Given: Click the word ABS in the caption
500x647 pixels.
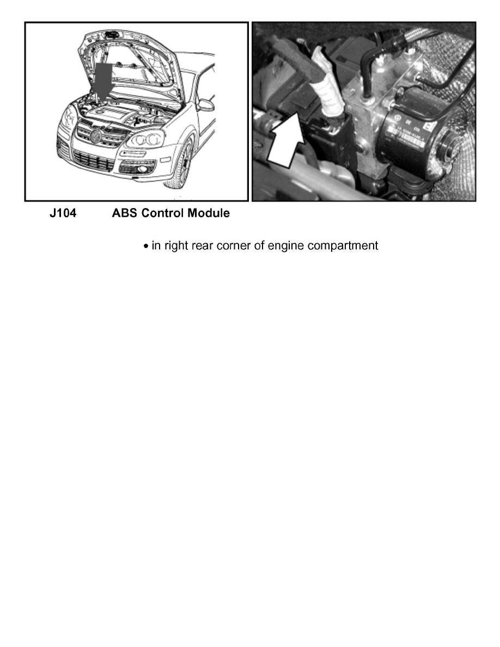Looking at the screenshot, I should coord(125,213).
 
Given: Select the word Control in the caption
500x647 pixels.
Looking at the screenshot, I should coord(162,213).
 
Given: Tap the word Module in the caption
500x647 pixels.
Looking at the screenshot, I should coord(208,213).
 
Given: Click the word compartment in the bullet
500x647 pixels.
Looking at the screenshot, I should coord(343,246).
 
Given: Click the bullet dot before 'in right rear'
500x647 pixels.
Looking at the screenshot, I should coord(146,247).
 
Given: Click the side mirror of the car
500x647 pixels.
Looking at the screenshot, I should coord(205,105).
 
